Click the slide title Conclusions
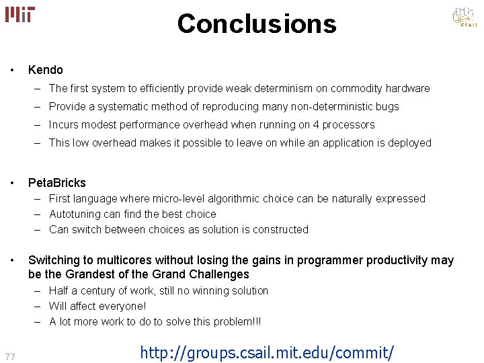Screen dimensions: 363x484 click(x=256, y=24)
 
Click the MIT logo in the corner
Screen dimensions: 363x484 click(x=19, y=14)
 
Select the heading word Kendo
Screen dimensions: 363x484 click(x=45, y=70)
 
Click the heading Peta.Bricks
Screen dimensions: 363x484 click(x=56, y=183)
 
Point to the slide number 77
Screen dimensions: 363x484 click(x=11, y=356)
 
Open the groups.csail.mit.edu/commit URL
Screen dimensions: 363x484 click(x=268, y=352)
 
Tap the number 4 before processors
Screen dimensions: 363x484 click(x=312, y=125)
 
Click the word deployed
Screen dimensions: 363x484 click(x=408, y=143)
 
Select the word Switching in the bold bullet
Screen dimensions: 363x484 click(x=54, y=260)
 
